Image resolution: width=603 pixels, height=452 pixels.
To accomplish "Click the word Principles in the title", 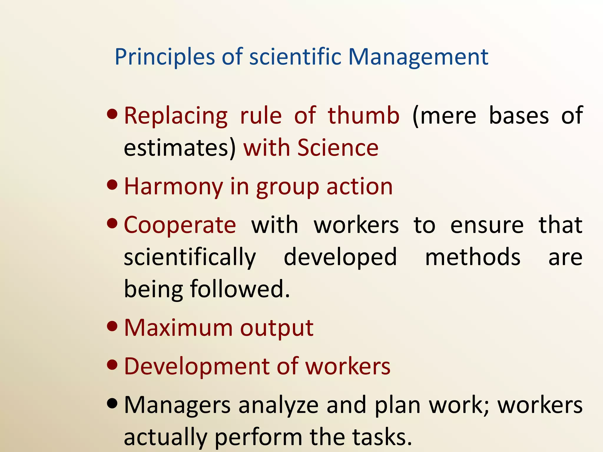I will [165, 57].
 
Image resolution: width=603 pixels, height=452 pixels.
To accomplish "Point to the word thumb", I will [364, 116].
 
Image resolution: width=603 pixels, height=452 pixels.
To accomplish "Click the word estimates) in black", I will [180, 148].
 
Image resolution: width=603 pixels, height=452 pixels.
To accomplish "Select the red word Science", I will [338, 148].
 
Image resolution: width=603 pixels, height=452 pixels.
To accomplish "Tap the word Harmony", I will [174, 187].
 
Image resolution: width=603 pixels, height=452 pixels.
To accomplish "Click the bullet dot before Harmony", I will [112, 185].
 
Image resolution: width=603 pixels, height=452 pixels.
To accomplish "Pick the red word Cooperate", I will [180, 225].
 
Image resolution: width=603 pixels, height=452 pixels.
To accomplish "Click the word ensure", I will [487, 225].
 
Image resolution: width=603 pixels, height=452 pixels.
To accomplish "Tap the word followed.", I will [240, 289].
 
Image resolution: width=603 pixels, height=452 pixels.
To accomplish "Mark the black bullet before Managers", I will [112, 403].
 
